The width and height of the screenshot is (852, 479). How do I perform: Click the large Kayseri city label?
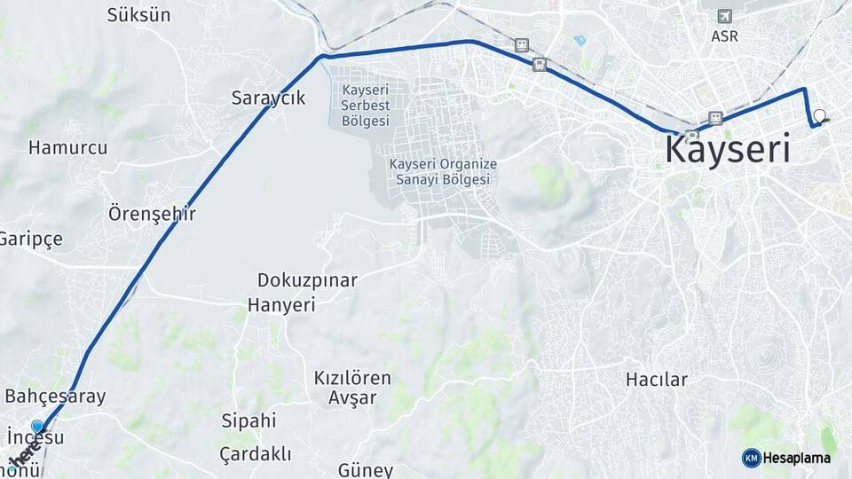(x=727, y=150)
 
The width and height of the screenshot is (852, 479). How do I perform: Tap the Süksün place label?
(x=138, y=15)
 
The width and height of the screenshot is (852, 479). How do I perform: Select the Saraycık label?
(x=268, y=98)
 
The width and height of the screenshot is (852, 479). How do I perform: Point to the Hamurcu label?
(x=67, y=148)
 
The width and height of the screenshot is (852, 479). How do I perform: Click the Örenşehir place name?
(x=152, y=214)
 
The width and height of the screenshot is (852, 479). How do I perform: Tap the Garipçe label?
(x=30, y=239)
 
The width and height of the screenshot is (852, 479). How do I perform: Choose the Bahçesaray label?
(x=55, y=397)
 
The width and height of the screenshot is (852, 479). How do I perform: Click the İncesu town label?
(x=35, y=438)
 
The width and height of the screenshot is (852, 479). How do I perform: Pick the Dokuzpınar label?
(x=307, y=280)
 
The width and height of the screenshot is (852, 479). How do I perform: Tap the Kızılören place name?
(x=352, y=378)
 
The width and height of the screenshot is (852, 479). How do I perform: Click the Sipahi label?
(x=248, y=420)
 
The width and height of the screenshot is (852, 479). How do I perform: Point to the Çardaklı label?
(x=256, y=454)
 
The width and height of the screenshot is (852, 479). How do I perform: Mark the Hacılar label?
(x=657, y=380)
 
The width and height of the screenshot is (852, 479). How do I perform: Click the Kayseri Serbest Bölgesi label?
(x=365, y=106)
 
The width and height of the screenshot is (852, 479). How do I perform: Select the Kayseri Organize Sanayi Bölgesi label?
(x=443, y=172)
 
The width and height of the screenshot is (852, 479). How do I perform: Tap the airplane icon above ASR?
(x=725, y=17)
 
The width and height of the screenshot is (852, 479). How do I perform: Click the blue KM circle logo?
(x=751, y=458)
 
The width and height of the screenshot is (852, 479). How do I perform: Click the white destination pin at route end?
(x=818, y=115)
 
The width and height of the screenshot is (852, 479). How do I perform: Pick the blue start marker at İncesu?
(x=37, y=427)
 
